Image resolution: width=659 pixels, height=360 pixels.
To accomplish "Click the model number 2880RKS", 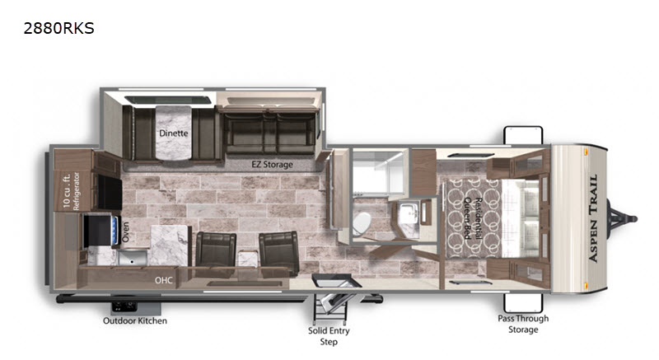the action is (58, 28).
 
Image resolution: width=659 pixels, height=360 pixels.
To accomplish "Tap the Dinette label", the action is (174, 133).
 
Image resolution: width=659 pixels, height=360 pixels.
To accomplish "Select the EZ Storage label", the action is (273, 164).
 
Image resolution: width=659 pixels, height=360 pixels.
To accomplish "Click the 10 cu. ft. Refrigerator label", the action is (72, 191).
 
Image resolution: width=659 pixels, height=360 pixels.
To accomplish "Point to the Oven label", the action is (126, 231).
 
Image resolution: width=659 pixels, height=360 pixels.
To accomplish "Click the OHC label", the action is (163, 280).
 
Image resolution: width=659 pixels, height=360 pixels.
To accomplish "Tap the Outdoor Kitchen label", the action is (135, 320).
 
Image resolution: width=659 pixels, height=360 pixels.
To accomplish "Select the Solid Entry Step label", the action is (329, 336).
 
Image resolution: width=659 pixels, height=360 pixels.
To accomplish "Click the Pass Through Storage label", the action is (523, 324).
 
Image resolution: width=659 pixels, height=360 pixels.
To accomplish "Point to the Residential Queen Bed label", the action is (472, 218).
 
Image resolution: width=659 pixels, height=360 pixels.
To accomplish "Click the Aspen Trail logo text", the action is (593, 218).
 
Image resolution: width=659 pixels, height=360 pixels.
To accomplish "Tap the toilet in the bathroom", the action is (362, 223).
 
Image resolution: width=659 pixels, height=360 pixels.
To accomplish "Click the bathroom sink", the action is (407, 214).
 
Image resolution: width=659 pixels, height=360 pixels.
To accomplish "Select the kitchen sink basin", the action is (133, 257).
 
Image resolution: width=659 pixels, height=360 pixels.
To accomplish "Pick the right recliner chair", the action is (278, 252).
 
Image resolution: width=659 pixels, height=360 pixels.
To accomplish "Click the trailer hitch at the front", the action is (622, 218).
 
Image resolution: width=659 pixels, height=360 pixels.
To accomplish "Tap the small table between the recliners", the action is (248, 259).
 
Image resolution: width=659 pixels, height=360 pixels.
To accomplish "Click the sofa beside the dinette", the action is (270, 130).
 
